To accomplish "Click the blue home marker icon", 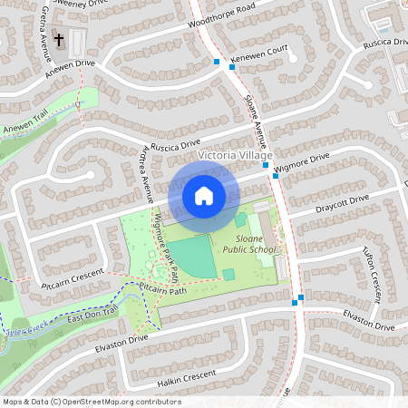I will tap(204, 195).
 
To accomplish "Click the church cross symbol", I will tap(60, 40).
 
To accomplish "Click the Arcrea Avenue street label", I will tap(146, 177).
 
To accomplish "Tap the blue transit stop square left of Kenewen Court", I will tap(217, 62).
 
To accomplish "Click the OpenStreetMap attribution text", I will tap(91, 402).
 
